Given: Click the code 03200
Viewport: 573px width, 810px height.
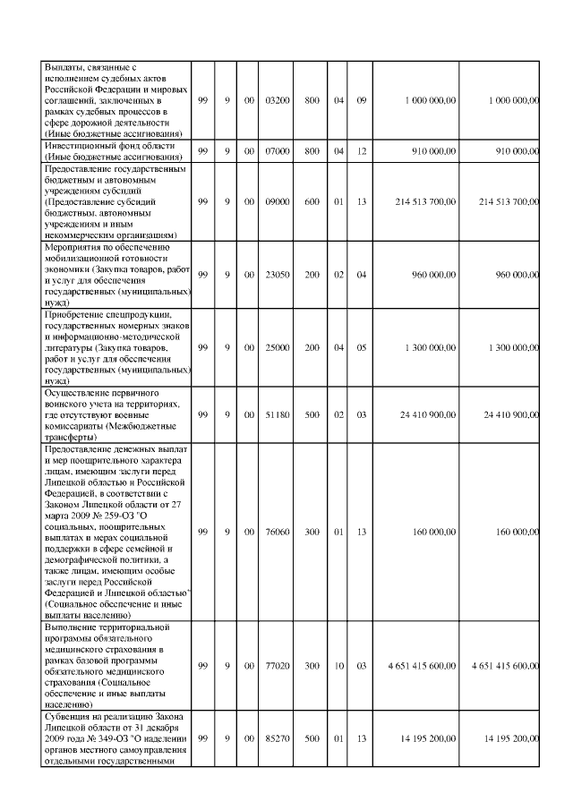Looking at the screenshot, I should pyautogui.click(x=278, y=100).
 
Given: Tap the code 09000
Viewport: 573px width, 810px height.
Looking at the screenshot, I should pyautogui.click(x=278, y=201).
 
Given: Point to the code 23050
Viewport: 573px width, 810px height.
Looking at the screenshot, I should pyautogui.click(x=278, y=274).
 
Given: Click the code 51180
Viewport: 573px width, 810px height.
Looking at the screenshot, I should pyautogui.click(x=278, y=414).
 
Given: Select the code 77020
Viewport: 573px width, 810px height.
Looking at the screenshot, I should pyautogui.click(x=278, y=666).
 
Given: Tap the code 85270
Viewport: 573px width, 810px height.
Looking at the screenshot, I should pyautogui.click(x=278, y=739).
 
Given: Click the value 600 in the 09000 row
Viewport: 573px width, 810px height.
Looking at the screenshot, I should pyautogui.click(x=312, y=201).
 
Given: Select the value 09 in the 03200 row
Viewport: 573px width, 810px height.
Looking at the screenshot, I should pyautogui.click(x=362, y=100).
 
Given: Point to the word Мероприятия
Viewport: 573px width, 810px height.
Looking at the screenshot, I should pyautogui.click(x=73, y=246).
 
